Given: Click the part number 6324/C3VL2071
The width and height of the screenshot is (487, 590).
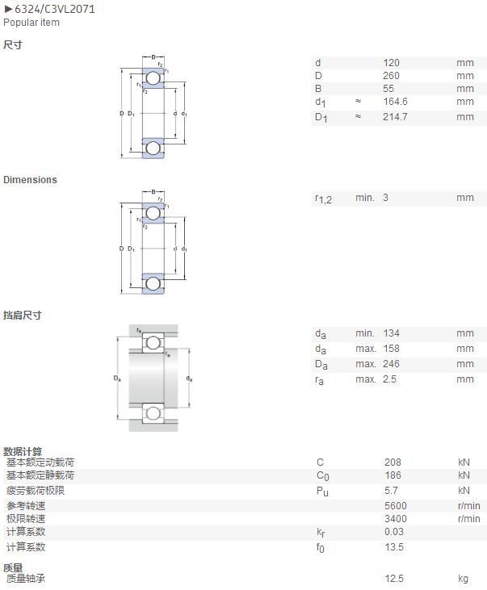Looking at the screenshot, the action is click(x=55, y=9).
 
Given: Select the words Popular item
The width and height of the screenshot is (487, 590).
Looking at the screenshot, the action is click(x=31, y=23).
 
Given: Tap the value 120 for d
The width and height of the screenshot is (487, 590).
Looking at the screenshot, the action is click(x=392, y=63).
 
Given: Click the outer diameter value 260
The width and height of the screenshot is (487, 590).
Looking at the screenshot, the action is click(x=392, y=76).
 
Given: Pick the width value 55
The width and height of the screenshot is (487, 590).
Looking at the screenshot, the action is click(x=388, y=89).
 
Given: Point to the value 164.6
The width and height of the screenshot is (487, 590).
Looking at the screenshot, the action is click(x=396, y=102).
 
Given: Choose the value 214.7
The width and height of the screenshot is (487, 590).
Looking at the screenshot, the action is click(x=395, y=117).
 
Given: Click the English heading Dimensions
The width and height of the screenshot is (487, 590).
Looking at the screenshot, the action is click(x=30, y=180).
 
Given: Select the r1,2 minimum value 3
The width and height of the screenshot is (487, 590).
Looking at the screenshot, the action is click(x=386, y=198).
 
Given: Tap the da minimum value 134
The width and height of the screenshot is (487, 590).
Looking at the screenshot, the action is click(x=392, y=333).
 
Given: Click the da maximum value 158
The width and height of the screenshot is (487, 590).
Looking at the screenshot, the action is click(x=392, y=349).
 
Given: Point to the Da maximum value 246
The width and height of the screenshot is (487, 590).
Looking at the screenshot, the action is click(x=392, y=364).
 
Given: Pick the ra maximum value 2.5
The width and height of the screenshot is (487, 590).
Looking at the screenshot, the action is click(x=390, y=379).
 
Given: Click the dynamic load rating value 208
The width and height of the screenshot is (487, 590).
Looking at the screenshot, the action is click(x=393, y=462).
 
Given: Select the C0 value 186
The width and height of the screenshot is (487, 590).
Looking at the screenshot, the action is click(x=393, y=475).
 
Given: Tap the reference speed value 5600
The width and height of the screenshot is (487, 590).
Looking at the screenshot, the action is click(x=396, y=506).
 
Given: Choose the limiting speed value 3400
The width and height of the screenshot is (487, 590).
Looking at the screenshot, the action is click(x=396, y=519).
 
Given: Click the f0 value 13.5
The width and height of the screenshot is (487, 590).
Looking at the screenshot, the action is click(x=394, y=547).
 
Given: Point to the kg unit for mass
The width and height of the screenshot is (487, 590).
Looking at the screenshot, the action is click(x=463, y=579).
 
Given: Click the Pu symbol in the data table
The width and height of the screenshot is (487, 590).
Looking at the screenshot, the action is click(x=322, y=491).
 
